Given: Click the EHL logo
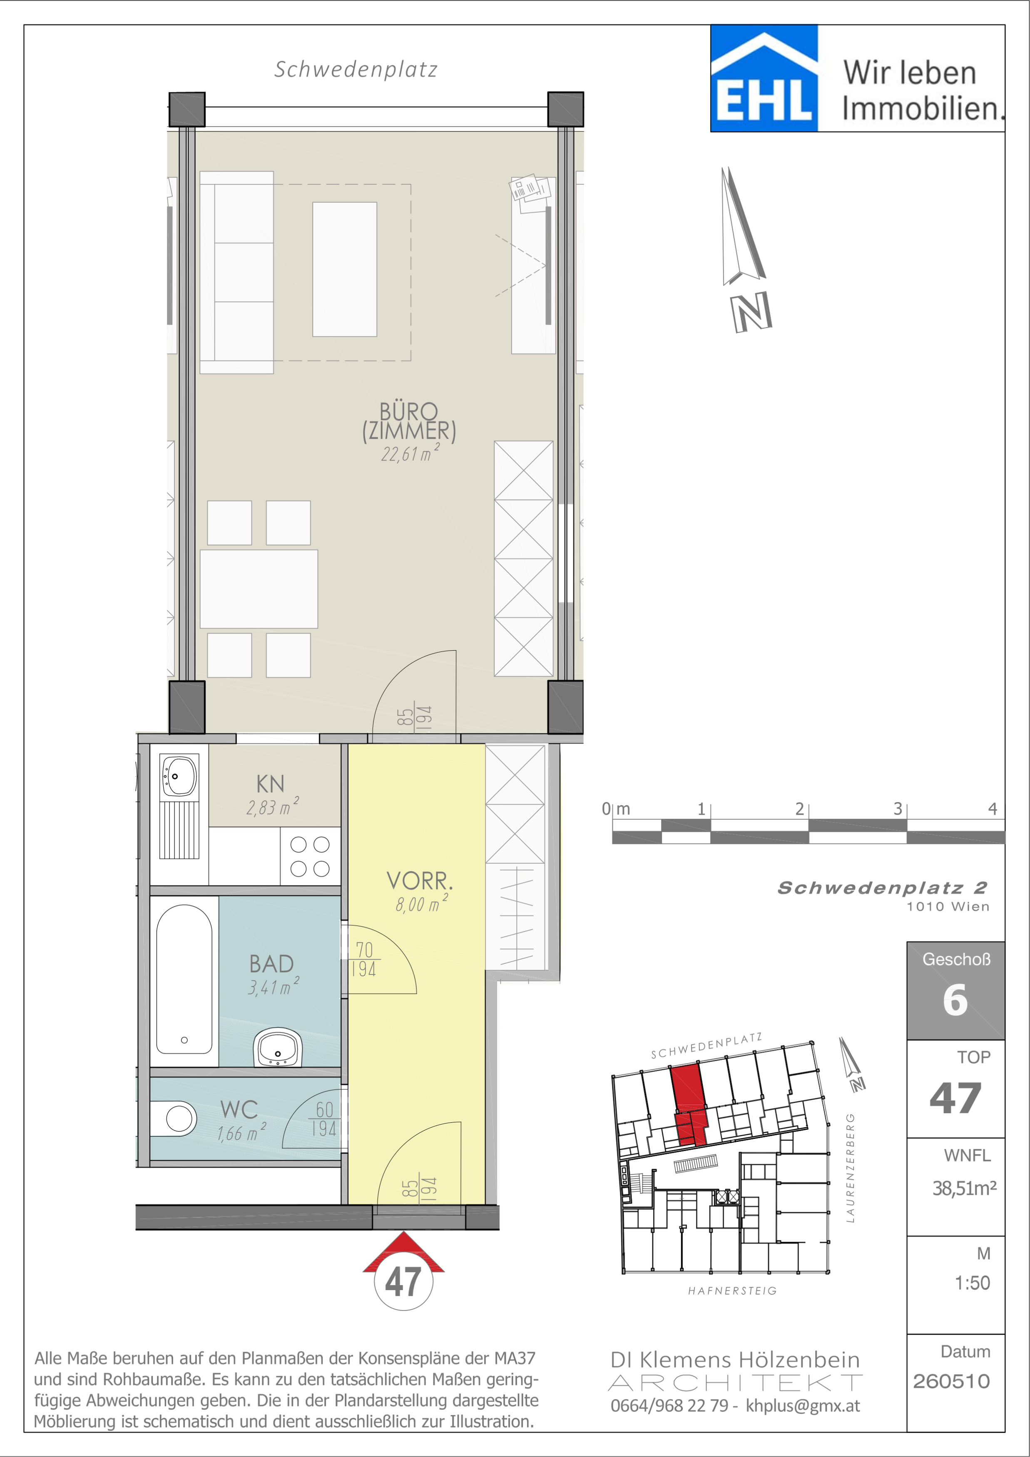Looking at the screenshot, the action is tap(764, 78).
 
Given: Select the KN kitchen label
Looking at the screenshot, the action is tap(270, 784).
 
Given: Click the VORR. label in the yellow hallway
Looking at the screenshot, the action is tap(420, 881).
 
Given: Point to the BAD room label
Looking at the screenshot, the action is tap(271, 964).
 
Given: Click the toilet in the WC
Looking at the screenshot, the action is tap(174, 1118).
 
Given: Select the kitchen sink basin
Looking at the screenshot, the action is tap(179, 776).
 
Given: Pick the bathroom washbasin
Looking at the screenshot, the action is tap(278, 1048).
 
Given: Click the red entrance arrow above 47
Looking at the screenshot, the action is tap(403, 1253).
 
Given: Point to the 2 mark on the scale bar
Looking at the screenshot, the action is tap(799, 808).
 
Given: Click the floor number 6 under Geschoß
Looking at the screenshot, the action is tap(955, 1001).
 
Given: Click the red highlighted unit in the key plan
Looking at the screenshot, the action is tap(689, 1105).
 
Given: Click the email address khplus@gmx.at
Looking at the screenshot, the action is tap(803, 1406).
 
